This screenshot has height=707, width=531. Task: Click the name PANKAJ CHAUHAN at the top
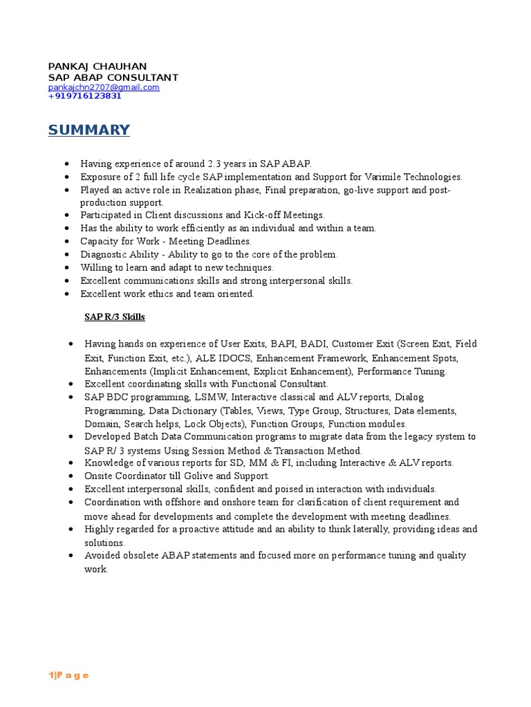pyautogui.click(x=97, y=66)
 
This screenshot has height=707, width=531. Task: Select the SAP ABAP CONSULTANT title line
pyautogui.click(x=113, y=77)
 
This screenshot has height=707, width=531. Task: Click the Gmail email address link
pyautogui.click(x=104, y=88)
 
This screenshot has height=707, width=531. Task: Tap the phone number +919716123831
pyautogui.click(x=84, y=97)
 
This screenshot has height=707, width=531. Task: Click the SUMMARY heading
pyautogui.click(x=88, y=130)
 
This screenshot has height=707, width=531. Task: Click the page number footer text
pyautogui.click(x=68, y=675)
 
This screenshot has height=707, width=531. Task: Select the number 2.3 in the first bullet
pyautogui.click(x=215, y=164)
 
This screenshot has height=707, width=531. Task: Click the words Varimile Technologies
pyautogui.click(x=418, y=177)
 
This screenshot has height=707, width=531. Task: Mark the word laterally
pyautogui.click(x=368, y=530)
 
